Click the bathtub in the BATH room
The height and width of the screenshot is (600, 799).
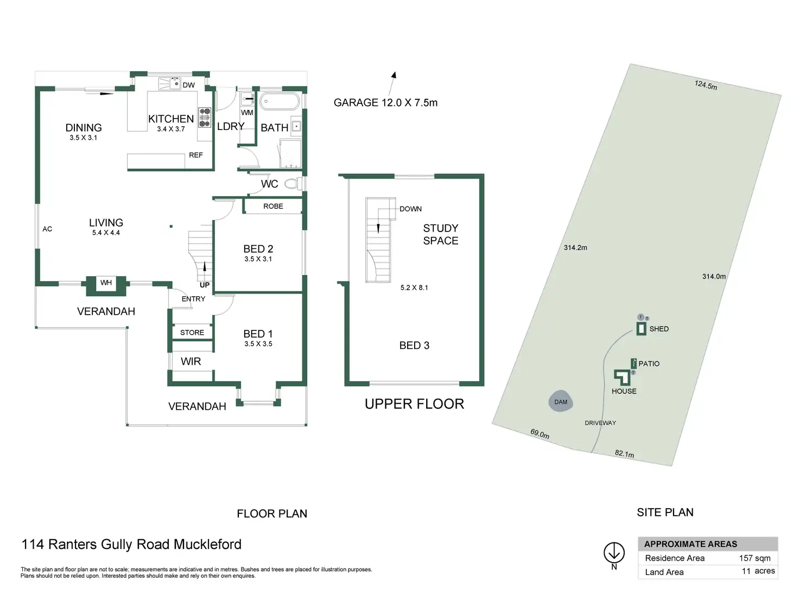[x=279, y=101]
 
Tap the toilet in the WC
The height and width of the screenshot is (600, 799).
[x=293, y=183]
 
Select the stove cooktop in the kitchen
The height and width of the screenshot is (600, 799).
[x=204, y=117]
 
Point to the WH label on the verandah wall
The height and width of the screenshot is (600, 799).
[x=106, y=282]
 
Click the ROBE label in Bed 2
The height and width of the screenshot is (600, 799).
[x=273, y=206]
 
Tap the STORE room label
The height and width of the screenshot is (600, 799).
[x=192, y=333]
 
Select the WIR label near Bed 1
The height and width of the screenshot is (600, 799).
[x=191, y=361]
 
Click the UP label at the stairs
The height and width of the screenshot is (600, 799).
[x=205, y=285]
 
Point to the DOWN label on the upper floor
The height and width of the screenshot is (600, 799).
[x=410, y=209]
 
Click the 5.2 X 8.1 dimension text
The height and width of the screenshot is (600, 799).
[x=414, y=287]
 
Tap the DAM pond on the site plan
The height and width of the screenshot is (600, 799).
[x=561, y=401]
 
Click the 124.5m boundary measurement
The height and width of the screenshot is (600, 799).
[x=706, y=85]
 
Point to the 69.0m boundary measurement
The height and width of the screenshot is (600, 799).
[x=540, y=434]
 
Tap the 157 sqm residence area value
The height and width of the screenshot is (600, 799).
[x=754, y=558]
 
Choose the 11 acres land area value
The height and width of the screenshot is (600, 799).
[x=758, y=571]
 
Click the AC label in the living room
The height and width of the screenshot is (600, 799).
[x=47, y=229]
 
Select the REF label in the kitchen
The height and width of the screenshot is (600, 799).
[x=195, y=155]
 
